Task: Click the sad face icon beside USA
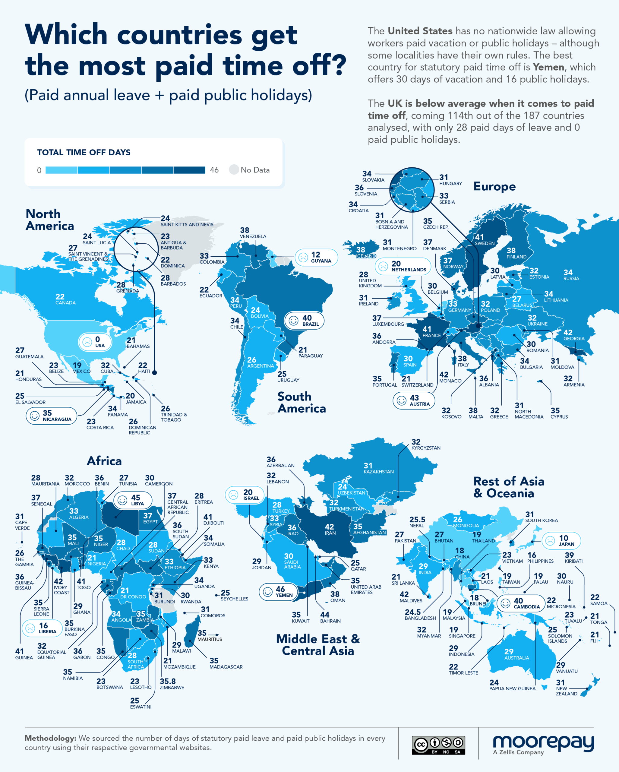[x=87, y=342]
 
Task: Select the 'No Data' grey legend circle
[x=234, y=170]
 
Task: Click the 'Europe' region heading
[x=494, y=187]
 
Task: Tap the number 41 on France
[x=427, y=329]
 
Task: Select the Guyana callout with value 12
[x=316, y=257]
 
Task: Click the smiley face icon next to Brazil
[x=294, y=321]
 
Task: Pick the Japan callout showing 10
[x=561, y=540]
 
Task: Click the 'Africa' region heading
[x=104, y=461]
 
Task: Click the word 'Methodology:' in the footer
[x=50, y=738]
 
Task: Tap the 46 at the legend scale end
[x=214, y=170]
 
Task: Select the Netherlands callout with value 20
[x=403, y=266]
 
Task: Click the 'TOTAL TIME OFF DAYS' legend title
[x=84, y=153]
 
